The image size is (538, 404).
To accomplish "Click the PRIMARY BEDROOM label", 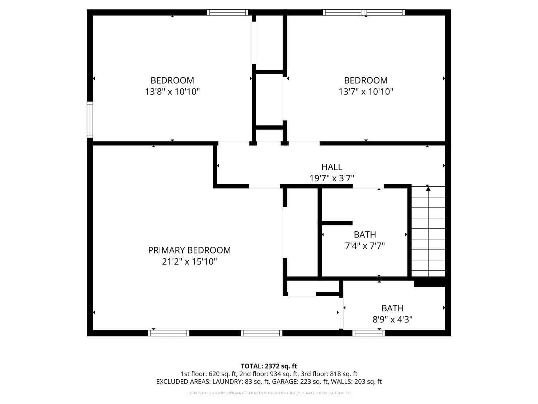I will click(x=189, y=250).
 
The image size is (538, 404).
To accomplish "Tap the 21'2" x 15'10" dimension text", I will click(x=189, y=261).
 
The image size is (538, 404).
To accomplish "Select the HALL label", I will click(x=332, y=167).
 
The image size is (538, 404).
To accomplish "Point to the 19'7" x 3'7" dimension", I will click(x=332, y=178).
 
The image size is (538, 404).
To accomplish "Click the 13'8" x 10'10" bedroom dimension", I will click(x=172, y=92).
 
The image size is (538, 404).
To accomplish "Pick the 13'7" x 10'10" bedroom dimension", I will click(x=366, y=92).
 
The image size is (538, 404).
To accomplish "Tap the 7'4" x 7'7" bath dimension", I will click(x=365, y=246).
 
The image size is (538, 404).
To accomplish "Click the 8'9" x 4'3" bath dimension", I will click(x=392, y=319).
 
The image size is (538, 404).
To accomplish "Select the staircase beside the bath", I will click(x=428, y=232).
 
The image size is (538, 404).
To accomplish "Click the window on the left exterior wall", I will click(x=90, y=120).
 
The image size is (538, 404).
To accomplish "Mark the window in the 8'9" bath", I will click(x=368, y=333).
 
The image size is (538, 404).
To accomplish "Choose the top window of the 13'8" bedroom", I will click(x=227, y=13).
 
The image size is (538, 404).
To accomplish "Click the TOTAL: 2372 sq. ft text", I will click(x=269, y=366).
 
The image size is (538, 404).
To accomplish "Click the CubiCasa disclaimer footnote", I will click(x=269, y=393).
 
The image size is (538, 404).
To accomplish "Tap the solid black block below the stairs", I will click(x=430, y=283).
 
